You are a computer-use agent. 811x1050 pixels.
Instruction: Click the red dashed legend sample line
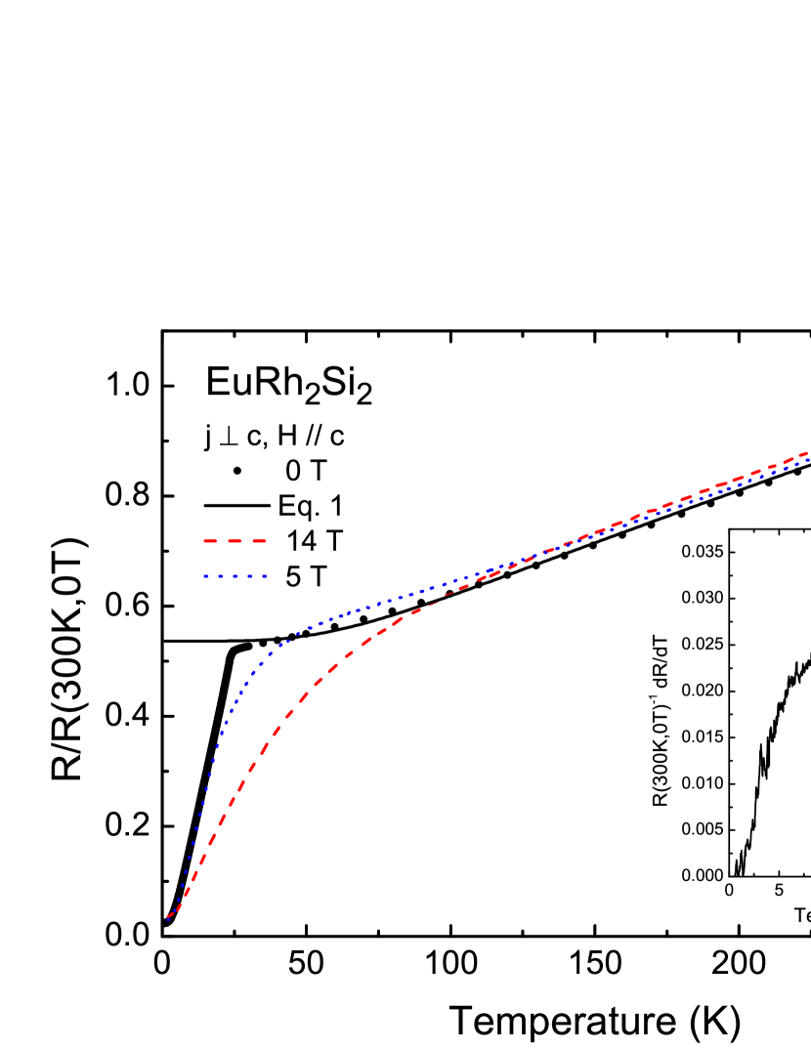point(235,541)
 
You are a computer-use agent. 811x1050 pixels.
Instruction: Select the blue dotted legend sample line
point(235,576)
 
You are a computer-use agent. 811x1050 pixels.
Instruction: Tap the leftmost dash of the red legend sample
point(209,541)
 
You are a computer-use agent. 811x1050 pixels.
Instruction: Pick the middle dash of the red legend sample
point(235,541)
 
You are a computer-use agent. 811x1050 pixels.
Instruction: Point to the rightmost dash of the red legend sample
point(259,541)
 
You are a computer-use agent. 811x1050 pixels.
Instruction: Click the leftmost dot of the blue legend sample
point(205,576)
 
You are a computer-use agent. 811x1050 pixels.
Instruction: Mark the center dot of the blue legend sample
point(235,576)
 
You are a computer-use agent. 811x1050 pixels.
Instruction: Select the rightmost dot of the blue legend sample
point(265,576)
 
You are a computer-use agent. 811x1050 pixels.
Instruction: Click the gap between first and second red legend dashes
point(222,541)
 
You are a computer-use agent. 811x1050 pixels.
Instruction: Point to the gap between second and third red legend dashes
point(247,541)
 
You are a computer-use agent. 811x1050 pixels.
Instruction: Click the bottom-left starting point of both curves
point(168,918)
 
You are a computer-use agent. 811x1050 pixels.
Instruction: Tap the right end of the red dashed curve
point(807,452)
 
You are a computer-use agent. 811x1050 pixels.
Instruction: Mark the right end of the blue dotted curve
point(807,459)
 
